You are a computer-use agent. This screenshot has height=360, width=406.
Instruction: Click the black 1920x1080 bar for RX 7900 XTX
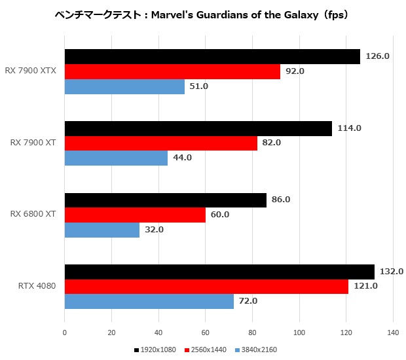point(212,57)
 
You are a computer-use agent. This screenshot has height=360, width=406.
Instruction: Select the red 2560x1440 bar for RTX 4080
point(206,287)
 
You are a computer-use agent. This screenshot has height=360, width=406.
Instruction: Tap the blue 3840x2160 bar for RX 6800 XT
point(101,230)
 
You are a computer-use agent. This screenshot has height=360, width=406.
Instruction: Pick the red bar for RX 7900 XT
point(160,143)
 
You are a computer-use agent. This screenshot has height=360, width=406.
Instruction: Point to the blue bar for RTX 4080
point(149,301)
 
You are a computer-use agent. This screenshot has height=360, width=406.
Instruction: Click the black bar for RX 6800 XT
point(165,200)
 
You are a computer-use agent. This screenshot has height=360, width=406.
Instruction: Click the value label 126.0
point(378,56)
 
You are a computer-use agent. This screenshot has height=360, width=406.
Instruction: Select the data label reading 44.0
point(181,158)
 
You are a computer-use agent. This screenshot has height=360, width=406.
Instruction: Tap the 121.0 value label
point(365,286)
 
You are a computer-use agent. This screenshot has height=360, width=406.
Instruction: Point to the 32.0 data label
point(154,230)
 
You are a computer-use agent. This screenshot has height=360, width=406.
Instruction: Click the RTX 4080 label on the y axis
point(37,286)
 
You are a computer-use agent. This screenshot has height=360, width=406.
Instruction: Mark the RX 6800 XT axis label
point(33,214)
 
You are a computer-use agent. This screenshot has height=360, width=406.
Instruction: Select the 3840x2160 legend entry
point(258,350)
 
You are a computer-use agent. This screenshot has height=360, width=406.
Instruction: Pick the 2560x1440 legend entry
point(208,350)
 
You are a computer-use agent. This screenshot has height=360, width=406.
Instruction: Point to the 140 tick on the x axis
point(393,333)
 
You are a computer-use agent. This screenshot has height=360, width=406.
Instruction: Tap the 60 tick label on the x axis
point(206,333)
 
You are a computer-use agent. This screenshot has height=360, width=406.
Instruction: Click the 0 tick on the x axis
point(64,333)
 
